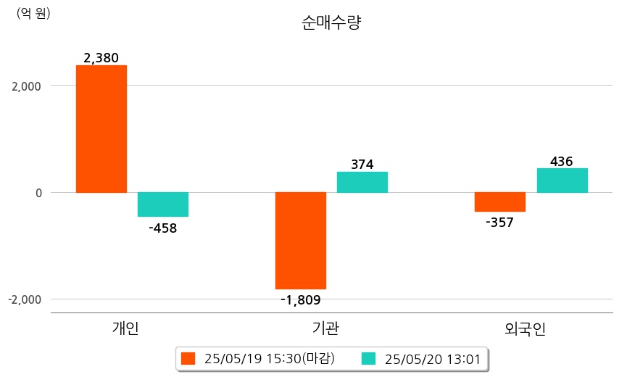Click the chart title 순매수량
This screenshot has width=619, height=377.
pyautogui.click(x=331, y=22)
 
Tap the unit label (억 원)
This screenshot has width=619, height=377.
pyautogui.click(x=33, y=12)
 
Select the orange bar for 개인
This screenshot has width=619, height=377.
pyautogui.click(x=101, y=129)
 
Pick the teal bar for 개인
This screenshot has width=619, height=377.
pyautogui.click(x=163, y=204)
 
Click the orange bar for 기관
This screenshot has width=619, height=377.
pyautogui.click(x=301, y=241)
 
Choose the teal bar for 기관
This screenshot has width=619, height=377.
pyautogui.click(x=362, y=182)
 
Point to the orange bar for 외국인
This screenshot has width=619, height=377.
pyautogui.click(x=500, y=202)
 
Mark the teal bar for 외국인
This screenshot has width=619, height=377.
pyautogui.click(x=562, y=181)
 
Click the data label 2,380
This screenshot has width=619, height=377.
pyautogui.click(x=101, y=58)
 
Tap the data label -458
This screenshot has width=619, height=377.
pyautogui.click(x=162, y=228)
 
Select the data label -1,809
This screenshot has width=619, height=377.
pyautogui.click(x=301, y=299)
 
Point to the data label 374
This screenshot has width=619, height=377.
pyautogui.click(x=362, y=165)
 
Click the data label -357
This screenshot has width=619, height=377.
pyautogui.click(x=499, y=223)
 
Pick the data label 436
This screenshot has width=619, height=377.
pyautogui.click(x=562, y=161)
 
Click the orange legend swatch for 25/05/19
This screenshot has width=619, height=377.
pyautogui.click(x=188, y=359)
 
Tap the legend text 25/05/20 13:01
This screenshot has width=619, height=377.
pyautogui.click(x=433, y=359)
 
